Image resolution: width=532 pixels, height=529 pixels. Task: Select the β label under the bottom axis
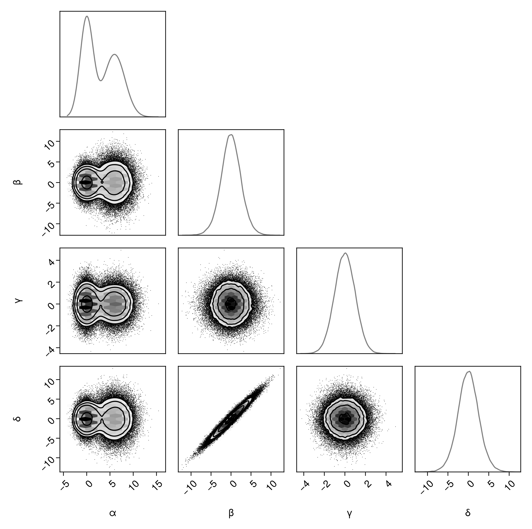point(231,513)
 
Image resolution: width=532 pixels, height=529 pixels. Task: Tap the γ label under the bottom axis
point(349,513)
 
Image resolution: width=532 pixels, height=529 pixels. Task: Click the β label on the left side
point(17,182)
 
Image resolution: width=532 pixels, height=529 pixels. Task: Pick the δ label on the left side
point(17,419)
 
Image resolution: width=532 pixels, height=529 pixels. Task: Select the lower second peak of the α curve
point(115,54)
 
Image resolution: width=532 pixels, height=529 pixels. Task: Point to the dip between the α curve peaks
point(101,81)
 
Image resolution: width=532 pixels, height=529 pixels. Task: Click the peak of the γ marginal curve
point(346,253)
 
